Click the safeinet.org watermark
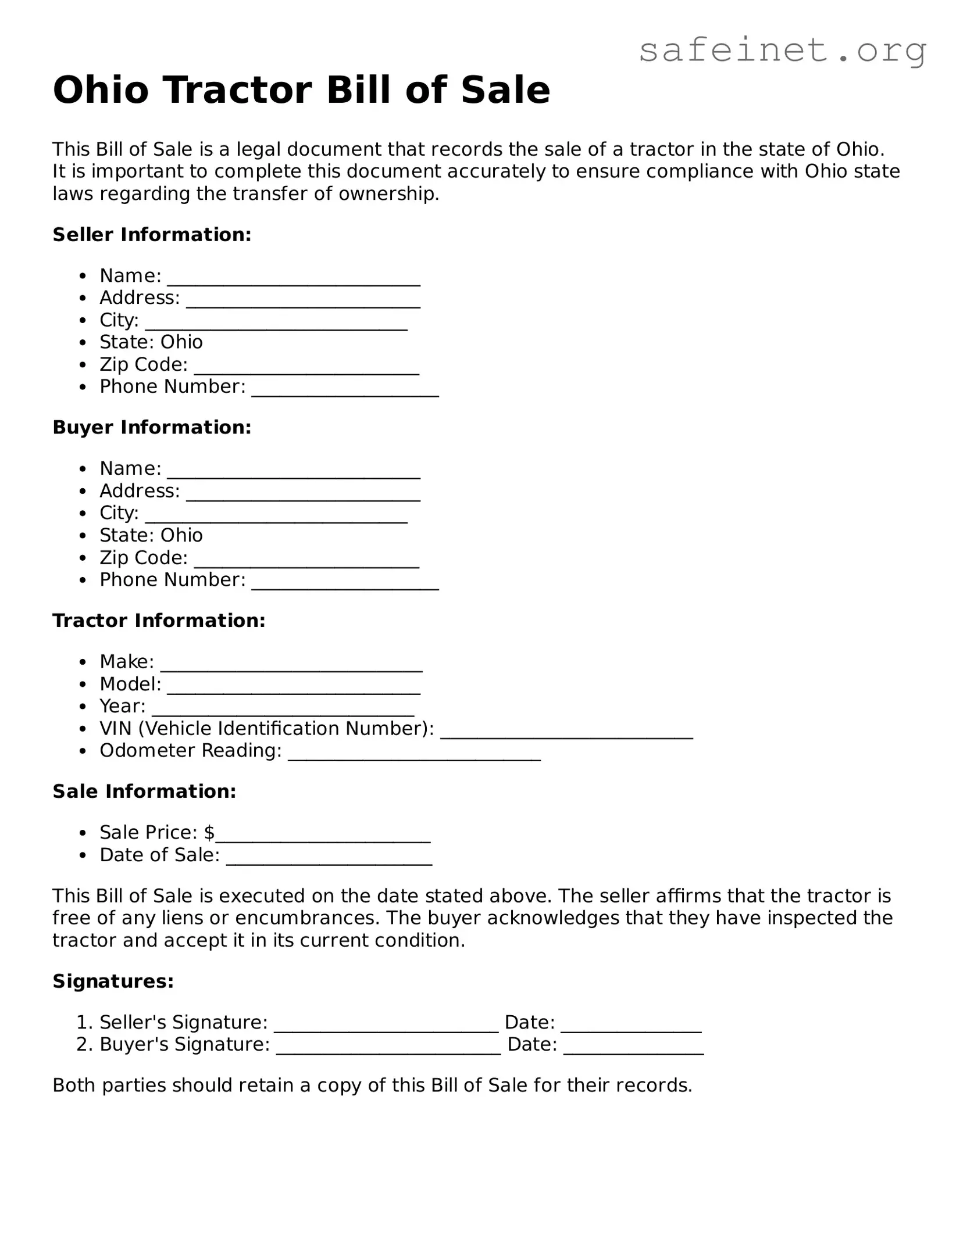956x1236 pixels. coord(782,51)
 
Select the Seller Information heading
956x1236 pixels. coord(152,235)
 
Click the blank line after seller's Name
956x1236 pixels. coord(294,280)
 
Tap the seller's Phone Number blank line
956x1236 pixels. coord(345,391)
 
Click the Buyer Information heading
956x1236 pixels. coord(152,428)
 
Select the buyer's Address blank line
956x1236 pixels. coord(303,495)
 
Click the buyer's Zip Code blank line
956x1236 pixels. coord(306,562)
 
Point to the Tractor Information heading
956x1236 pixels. coord(159,621)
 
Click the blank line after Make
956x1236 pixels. coord(291,666)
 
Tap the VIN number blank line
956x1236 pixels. coord(566,733)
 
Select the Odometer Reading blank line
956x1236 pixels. coord(414,755)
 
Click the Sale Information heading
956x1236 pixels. coord(144,791)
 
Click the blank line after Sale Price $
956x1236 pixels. coord(323,837)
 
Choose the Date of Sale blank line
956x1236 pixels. coord(329,859)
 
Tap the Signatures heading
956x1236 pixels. coord(113,981)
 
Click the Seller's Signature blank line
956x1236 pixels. coord(386,1027)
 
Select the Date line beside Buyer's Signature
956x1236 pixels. coord(634,1049)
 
